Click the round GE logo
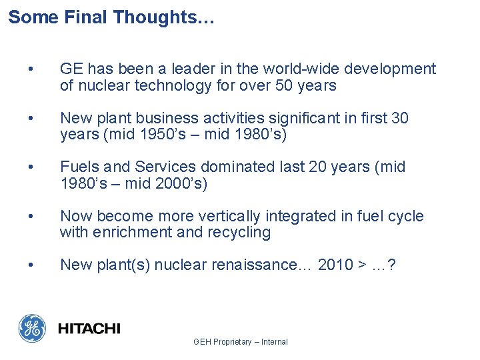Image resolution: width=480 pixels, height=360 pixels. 32,328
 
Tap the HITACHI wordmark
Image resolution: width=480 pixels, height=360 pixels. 89,328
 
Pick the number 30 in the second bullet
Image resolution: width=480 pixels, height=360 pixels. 399,118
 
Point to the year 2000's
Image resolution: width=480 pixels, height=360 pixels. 181,183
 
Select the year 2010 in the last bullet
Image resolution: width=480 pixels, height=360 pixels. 335,265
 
